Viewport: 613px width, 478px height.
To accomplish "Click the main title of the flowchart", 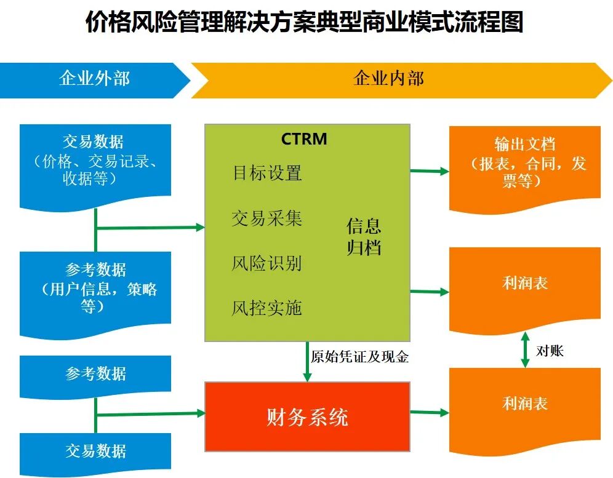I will (x=306, y=23).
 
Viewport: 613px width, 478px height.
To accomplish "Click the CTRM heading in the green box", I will (x=304, y=139).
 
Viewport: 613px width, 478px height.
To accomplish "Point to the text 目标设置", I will (x=267, y=172).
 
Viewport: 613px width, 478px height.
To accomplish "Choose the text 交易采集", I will (x=267, y=218).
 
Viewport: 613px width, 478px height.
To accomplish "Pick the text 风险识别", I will (x=267, y=263).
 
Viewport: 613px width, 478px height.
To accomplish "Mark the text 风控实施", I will (x=267, y=308).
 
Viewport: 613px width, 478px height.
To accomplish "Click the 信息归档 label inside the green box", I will (x=364, y=236).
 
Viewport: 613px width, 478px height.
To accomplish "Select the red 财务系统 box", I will (x=307, y=416).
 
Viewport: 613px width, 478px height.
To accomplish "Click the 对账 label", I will (x=550, y=351).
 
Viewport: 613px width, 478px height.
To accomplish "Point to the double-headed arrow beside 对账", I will (x=525, y=351).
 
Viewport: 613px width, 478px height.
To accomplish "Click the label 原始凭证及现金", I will (x=360, y=357).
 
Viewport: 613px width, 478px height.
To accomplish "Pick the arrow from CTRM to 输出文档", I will (x=430, y=171).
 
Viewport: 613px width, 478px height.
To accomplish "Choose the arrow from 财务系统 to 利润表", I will (x=430, y=412).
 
